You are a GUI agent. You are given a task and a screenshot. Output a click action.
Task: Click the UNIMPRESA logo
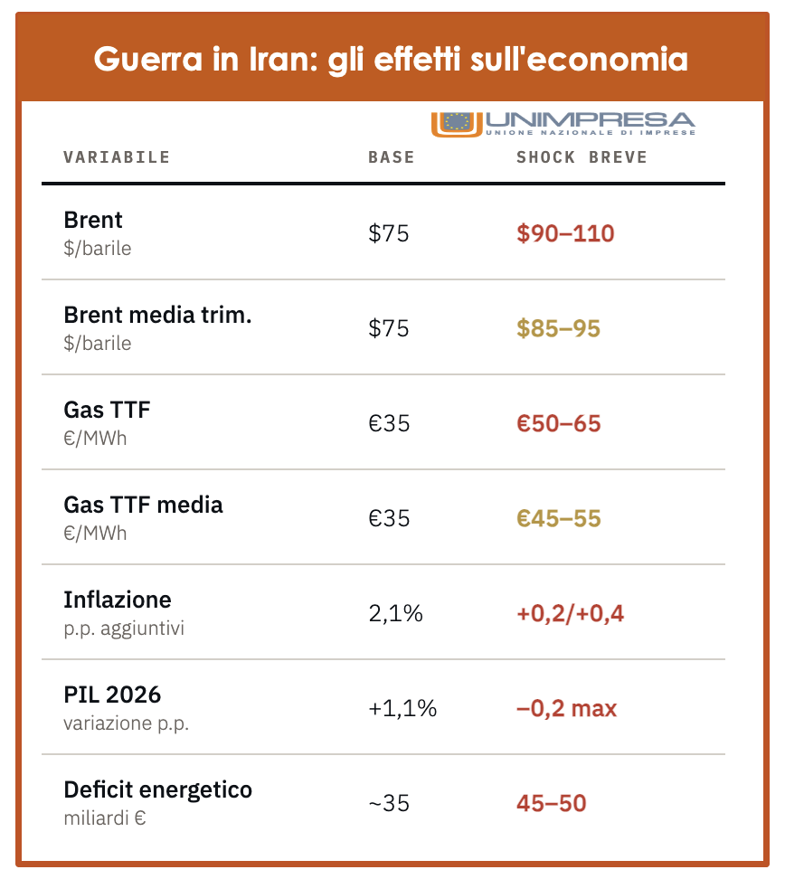point(563,123)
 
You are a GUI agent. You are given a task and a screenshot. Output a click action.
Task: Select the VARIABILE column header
point(117,157)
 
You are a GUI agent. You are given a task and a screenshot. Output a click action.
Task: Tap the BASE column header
point(391,157)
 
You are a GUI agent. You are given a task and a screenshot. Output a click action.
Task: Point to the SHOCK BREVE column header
point(582,157)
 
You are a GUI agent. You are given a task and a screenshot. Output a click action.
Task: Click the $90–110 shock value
point(565,233)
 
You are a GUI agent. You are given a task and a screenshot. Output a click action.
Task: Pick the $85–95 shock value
point(558,328)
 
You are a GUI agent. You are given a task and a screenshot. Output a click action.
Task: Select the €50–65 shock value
point(558,423)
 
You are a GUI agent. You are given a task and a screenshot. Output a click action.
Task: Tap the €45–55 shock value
point(558,518)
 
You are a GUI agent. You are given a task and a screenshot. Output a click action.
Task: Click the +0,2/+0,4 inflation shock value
point(570,614)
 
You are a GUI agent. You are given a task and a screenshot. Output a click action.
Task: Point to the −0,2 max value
point(566,708)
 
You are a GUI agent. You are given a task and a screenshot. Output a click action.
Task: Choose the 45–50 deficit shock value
point(551,803)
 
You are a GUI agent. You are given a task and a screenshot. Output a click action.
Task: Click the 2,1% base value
point(395,614)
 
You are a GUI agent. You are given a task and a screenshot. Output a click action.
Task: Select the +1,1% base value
point(402,708)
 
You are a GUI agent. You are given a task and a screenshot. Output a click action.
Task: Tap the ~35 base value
point(390,803)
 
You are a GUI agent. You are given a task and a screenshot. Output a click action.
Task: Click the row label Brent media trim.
point(157,315)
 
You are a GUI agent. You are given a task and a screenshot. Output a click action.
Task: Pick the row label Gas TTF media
point(143,505)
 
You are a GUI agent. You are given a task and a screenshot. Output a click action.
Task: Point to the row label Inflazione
point(118,600)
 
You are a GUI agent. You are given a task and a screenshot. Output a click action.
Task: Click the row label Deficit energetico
point(157,789)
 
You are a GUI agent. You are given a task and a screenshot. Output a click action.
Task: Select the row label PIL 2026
point(112,695)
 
